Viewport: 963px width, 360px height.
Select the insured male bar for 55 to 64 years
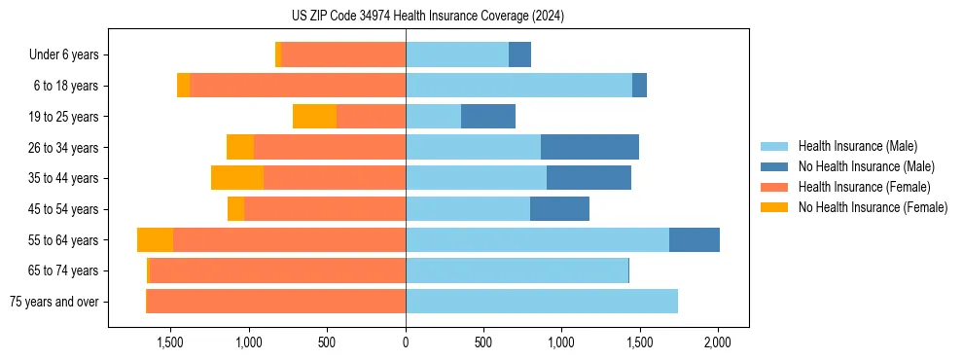[537, 239]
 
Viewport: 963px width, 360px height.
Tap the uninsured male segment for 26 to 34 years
[589, 147]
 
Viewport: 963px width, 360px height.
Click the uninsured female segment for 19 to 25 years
[314, 117]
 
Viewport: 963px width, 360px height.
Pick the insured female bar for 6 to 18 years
[298, 86]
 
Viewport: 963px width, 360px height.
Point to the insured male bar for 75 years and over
[542, 302]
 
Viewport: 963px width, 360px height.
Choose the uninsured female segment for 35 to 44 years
[237, 178]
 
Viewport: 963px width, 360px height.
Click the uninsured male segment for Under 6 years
[520, 54]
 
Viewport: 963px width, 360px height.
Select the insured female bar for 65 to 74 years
[277, 270]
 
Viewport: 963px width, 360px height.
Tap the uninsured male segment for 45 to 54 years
[559, 209]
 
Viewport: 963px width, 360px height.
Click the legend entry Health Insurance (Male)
[857, 146]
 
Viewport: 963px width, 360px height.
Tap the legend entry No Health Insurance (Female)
[873, 207]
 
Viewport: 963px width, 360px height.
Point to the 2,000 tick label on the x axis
[718, 342]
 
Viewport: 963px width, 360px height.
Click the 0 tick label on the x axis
[406, 342]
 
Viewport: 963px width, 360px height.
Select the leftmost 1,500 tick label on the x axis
[170, 342]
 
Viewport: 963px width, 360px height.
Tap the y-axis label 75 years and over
[54, 302]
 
